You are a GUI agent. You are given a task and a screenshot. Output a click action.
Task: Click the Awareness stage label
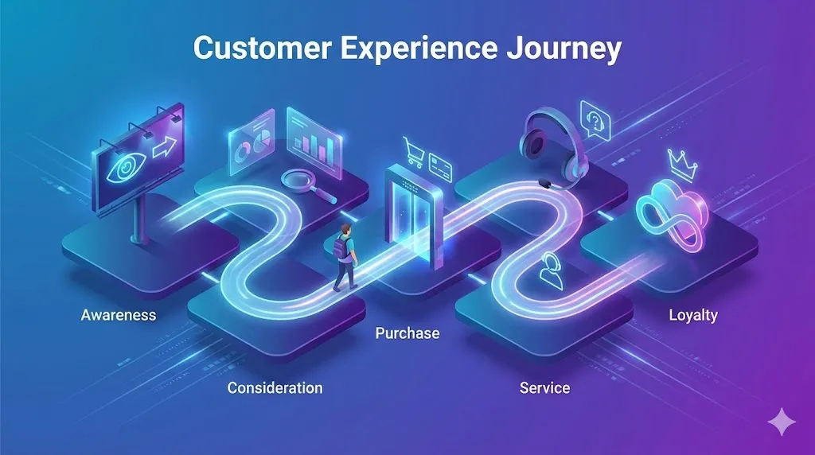(x=119, y=315)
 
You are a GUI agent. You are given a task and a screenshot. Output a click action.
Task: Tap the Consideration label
(x=275, y=388)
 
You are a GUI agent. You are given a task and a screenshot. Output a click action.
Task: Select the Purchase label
(x=407, y=333)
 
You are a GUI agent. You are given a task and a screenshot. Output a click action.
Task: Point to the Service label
(x=544, y=388)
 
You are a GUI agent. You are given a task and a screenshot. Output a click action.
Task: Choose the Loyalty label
(x=692, y=315)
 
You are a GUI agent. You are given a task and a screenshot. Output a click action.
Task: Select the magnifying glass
(x=300, y=181)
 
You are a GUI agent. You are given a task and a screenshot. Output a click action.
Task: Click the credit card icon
(x=439, y=166)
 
